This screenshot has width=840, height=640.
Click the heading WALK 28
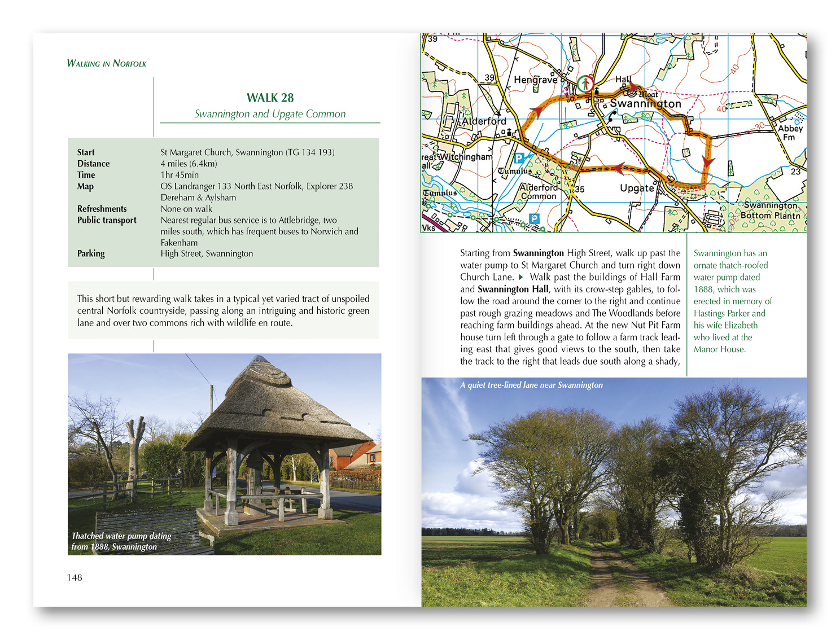pyautogui.click(x=270, y=98)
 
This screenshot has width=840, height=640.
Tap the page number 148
pyautogui.click(x=75, y=577)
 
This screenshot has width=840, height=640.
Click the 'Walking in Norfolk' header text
pyautogui.click(x=106, y=63)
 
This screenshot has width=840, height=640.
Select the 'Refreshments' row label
pyautogui.click(x=102, y=209)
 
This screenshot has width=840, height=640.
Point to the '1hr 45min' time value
pyautogui.click(x=180, y=175)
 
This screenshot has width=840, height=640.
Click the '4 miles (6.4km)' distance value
pyautogui.click(x=189, y=164)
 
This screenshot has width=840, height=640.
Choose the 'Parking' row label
pyautogui.click(x=91, y=253)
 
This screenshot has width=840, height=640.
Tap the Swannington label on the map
pyautogui.click(x=645, y=104)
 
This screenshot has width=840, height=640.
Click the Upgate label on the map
pyautogui.click(x=637, y=188)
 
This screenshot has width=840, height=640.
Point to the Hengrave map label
pyautogui.click(x=535, y=80)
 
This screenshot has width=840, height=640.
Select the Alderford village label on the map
pyautogui.click(x=484, y=121)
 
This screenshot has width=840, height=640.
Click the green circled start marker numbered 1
pyautogui.click(x=585, y=85)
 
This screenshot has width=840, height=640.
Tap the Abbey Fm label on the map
pyautogui.click(x=790, y=132)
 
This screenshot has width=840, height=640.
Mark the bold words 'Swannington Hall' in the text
pyautogui.click(x=513, y=289)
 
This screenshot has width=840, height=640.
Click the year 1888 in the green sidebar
pyautogui.click(x=703, y=289)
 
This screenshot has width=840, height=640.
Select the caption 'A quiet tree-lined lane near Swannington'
pyautogui.click(x=531, y=385)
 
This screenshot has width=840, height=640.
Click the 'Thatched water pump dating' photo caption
pyautogui.click(x=121, y=536)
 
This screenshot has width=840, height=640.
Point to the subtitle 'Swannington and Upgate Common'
pyautogui.click(x=270, y=114)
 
